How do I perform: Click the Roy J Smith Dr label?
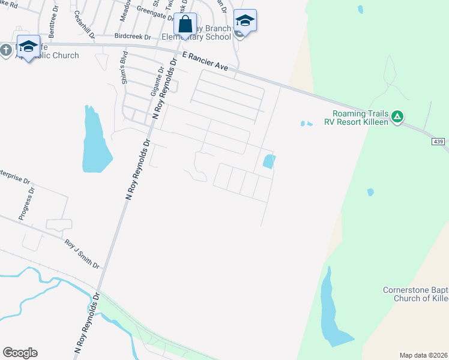(82, 254)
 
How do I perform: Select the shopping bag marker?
(185, 25)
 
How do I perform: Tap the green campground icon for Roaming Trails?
(397, 116)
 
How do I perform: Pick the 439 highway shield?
(439, 141)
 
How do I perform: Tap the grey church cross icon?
(6, 50)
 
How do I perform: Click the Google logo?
(20, 353)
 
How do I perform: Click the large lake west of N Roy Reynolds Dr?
(95, 142)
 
